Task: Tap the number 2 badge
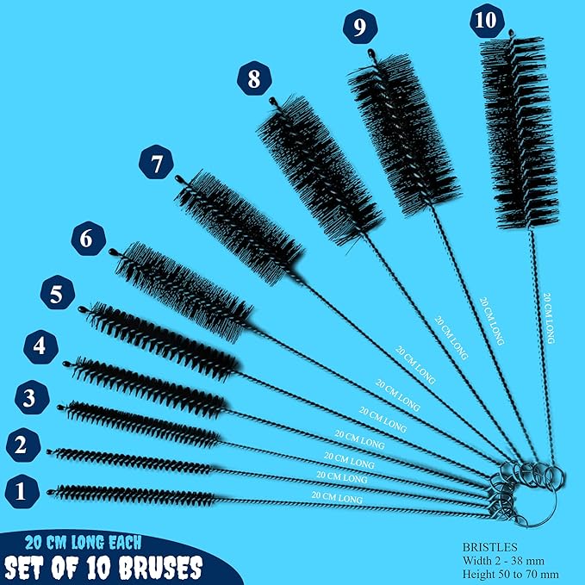coord(22,445)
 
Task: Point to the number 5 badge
coord(55,294)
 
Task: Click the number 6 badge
coord(87,238)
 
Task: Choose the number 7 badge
coord(155,164)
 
